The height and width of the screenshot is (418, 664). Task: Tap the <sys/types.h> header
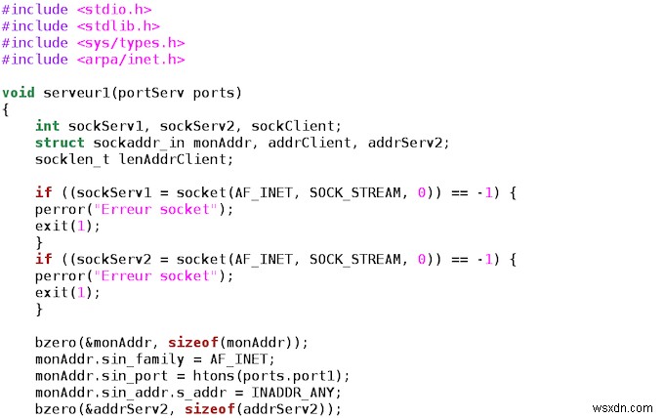[x=128, y=43]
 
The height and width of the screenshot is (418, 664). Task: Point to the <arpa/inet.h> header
[x=128, y=60]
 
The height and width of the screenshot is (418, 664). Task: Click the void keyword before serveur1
[x=19, y=93]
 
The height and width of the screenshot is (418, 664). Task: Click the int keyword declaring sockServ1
[x=47, y=126]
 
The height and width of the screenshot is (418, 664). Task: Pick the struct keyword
[x=60, y=143]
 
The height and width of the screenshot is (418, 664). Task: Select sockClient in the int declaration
[x=301, y=126]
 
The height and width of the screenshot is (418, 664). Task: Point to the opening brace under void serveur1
[x=6, y=109]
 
